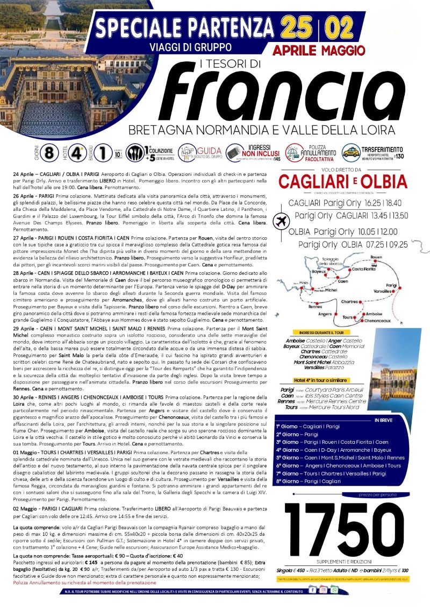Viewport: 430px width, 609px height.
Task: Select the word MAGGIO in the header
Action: tap(342, 51)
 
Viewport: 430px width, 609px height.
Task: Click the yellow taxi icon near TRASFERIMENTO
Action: tap(348, 152)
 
